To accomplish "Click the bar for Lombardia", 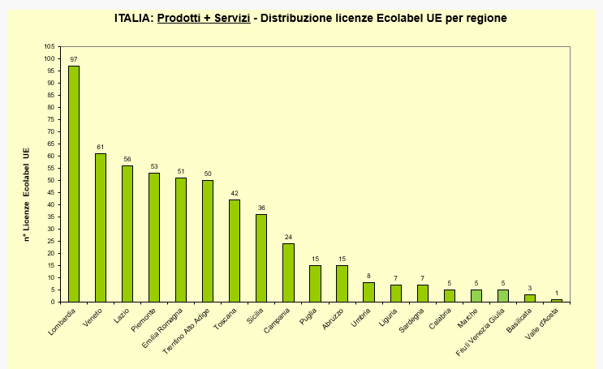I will click(x=74, y=184).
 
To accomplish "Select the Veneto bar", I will click(x=101, y=228).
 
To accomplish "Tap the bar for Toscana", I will click(x=235, y=251).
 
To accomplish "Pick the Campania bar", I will click(x=288, y=272).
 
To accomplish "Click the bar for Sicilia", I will click(x=261, y=258).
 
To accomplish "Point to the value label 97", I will click(x=74, y=60).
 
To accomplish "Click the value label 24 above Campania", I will click(x=288, y=237).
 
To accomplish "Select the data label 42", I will click(x=235, y=193).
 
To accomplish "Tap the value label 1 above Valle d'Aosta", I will click(x=556, y=293).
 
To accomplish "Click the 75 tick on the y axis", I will click(x=50, y=119).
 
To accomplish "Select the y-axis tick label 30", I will click(x=50, y=229).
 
